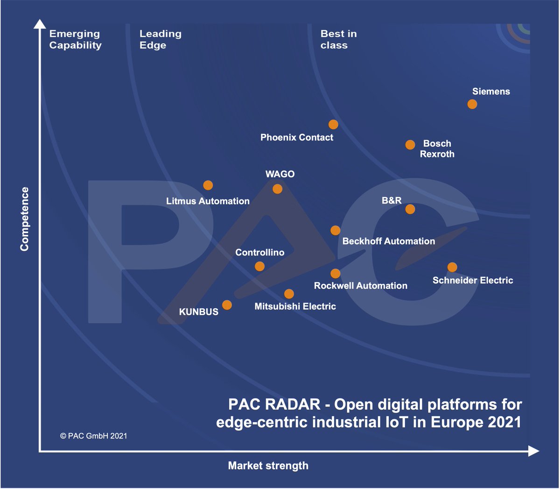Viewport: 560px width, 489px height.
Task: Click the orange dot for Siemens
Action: point(472,104)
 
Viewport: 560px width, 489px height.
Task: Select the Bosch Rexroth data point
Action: point(410,145)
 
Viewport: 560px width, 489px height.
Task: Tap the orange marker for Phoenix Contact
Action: point(333,125)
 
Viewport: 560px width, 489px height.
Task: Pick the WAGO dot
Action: point(277,189)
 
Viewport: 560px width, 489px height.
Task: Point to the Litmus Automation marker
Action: point(208,185)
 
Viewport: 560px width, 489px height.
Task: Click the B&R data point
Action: point(410,209)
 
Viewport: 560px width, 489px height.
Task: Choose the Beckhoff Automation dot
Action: point(336,231)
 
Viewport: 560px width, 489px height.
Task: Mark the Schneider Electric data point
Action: point(452,267)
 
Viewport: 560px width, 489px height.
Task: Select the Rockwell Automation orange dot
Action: point(336,274)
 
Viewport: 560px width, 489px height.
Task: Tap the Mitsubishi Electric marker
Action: point(289,294)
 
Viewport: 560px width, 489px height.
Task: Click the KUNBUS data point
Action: point(227,305)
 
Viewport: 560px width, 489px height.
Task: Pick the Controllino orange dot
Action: point(260,266)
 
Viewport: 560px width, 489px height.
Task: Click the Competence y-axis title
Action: point(24,219)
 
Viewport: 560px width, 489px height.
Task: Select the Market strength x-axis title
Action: point(268,466)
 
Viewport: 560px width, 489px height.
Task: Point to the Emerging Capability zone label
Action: point(75,40)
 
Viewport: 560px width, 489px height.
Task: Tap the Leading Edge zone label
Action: point(160,40)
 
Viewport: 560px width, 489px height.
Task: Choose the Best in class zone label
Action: point(338,40)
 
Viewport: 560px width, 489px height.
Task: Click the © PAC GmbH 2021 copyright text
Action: point(93,436)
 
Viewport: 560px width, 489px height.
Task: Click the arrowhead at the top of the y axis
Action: point(40,24)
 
